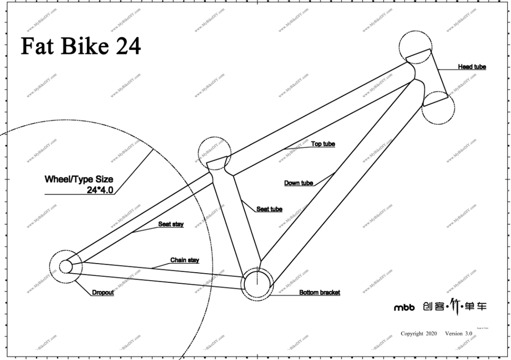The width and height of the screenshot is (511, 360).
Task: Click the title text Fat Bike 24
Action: (81, 46)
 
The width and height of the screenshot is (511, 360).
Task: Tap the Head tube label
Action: (472, 67)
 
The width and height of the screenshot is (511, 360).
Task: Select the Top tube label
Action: (323, 144)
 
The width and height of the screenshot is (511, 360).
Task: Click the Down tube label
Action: (298, 183)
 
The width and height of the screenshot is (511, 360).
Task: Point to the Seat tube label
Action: (269, 209)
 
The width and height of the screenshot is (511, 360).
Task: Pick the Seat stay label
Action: (170, 224)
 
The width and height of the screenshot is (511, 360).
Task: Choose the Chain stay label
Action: (184, 260)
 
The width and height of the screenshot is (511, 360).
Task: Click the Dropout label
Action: (103, 292)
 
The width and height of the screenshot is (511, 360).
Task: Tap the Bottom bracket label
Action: (319, 292)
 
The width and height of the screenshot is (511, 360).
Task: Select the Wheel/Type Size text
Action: (78, 179)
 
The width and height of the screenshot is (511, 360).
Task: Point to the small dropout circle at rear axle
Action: (65, 266)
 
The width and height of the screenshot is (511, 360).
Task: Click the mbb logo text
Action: (404, 307)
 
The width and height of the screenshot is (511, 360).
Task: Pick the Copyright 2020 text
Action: (418, 333)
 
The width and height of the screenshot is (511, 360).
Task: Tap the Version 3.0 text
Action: (459, 333)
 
